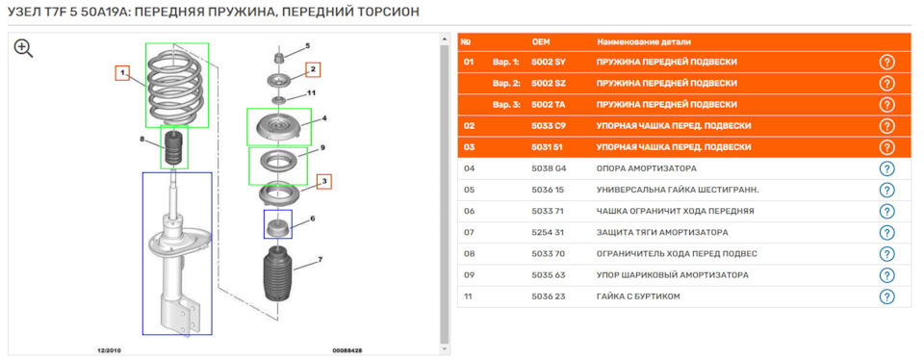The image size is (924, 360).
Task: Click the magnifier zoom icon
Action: pos(23,48)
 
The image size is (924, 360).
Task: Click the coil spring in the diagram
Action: pos(175,85)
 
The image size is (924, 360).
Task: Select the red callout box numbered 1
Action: pos(122,73)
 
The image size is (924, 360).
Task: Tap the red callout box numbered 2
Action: pos(313,70)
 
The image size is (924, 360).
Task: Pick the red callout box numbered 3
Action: pos(324,182)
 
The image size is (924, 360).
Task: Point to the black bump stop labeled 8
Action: pos(173,148)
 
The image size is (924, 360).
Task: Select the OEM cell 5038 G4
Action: pos(549,168)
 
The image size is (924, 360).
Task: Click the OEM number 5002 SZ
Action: pos(548,83)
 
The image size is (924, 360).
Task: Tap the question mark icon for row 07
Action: pos(886,233)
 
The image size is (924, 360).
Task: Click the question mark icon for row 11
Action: pos(886,296)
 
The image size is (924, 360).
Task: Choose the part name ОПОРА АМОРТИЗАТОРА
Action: pos(647,168)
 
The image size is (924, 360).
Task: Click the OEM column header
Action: pos(540,41)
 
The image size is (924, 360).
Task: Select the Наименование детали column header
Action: pos(644,41)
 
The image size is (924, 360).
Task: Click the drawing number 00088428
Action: pos(347,350)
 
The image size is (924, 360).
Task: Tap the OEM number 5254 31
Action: pos(548,233)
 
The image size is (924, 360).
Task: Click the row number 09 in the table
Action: pos(469,275)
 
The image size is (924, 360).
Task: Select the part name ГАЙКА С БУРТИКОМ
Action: pos(638,296)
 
